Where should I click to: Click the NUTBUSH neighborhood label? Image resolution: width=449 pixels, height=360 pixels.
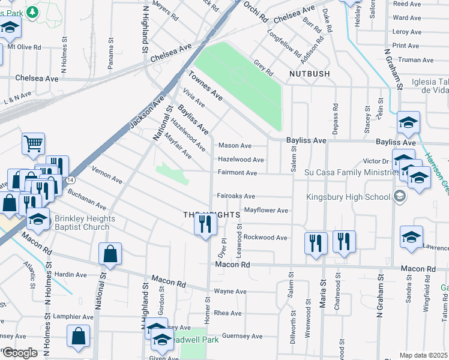click(309, 74)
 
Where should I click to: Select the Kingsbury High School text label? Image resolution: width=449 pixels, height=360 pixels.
click(348, 196)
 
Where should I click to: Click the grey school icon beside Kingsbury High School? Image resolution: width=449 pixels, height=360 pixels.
click(399, 196)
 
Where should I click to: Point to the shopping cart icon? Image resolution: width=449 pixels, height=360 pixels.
click(34, 143)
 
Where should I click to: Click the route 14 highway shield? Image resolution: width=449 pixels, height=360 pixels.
click(71, 180)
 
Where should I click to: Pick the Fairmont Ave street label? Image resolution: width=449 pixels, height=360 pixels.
click(237, 173)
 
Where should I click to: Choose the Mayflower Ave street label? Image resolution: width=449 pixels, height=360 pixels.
click(266, 211)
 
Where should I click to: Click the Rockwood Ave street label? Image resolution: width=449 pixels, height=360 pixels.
click(265, 238)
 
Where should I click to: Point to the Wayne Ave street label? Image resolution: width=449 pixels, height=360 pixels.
click(231, 292)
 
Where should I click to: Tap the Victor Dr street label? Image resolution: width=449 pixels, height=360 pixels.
click(376, 161)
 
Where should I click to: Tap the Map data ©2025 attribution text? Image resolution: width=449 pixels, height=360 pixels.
click(423, 355)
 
